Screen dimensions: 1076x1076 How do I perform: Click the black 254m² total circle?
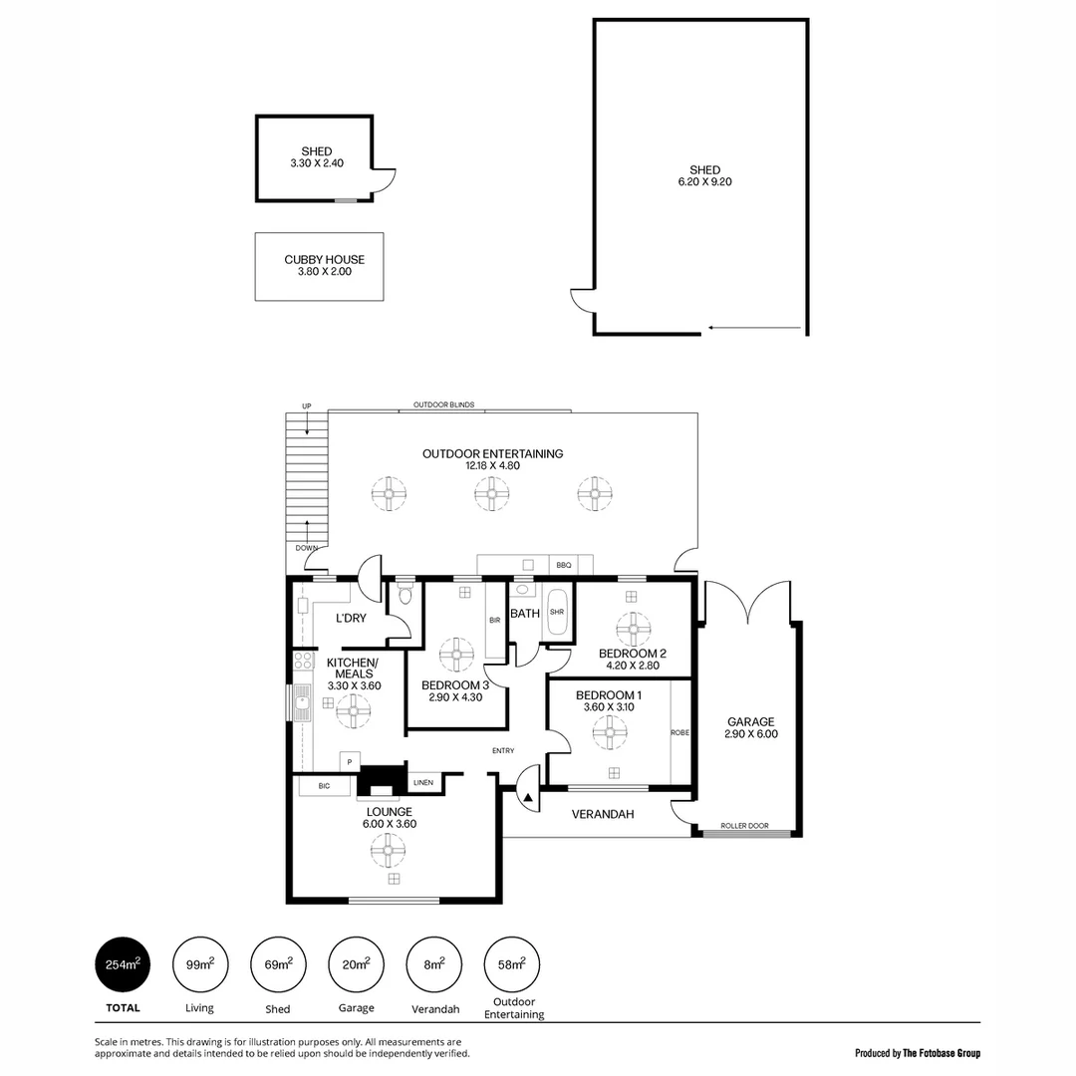tap(123, 964)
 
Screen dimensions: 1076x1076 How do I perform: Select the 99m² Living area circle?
tap(200, 964)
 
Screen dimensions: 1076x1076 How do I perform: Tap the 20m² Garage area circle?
tap(356, 964)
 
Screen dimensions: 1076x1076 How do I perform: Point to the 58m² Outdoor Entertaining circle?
tap(511, 964)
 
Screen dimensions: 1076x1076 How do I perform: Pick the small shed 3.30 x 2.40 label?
tap(316, 157)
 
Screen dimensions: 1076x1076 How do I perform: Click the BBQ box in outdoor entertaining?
tap(564, 565)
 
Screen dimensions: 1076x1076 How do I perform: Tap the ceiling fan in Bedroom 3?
tap(456, 654)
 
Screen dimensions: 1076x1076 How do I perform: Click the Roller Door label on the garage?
tap(744, 826)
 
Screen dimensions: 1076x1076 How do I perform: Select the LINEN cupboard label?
tap(423, 782)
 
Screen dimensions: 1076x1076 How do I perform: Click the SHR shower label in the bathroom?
tap(557, 613)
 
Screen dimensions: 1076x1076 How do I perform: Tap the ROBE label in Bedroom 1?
tap(679, 731)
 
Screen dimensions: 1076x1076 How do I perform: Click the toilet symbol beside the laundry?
tap(403, 595)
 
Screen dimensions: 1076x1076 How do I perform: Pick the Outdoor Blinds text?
tap(443, 405)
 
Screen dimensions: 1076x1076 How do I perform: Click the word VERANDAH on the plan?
tap(603, 814)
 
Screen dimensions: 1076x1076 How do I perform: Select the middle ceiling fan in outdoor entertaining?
tap(491, 492)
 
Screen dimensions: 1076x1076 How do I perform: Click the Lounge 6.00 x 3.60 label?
tap(390, 818)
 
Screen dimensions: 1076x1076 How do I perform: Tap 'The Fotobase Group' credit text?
tap(941, 1052)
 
